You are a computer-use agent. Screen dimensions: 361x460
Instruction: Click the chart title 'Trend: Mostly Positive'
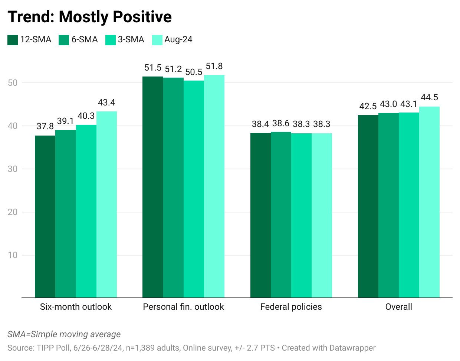tap(89, 17)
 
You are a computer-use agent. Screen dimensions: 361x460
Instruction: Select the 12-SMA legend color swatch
tap(13, 40)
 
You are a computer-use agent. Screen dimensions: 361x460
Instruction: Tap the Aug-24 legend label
tap(178, 40)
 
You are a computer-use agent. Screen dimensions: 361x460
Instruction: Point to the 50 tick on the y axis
tap(13, 83)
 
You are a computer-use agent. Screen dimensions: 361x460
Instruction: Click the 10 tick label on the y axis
tap(13, 255)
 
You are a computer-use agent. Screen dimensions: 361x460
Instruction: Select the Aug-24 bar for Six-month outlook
tap(106, 204)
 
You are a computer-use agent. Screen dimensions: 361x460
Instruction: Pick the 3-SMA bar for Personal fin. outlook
tap(194, 189)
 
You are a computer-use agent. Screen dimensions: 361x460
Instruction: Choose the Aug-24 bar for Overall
tap(429, 202)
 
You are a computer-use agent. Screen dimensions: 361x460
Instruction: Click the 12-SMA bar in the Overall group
tap(368, 206)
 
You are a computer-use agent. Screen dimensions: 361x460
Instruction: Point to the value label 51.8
tap(214, 66)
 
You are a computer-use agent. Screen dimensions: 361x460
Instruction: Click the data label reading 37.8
tap(45, 127)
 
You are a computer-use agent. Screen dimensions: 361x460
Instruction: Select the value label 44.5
tap(429, 98)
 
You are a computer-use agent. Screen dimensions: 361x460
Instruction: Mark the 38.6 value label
tap(281, 124)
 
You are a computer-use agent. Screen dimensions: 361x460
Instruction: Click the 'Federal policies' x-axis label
tap(291, 307)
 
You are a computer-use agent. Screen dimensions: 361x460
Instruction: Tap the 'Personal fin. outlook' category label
tap(183, 307)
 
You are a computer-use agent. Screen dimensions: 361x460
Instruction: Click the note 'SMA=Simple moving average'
tap(64, 334)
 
